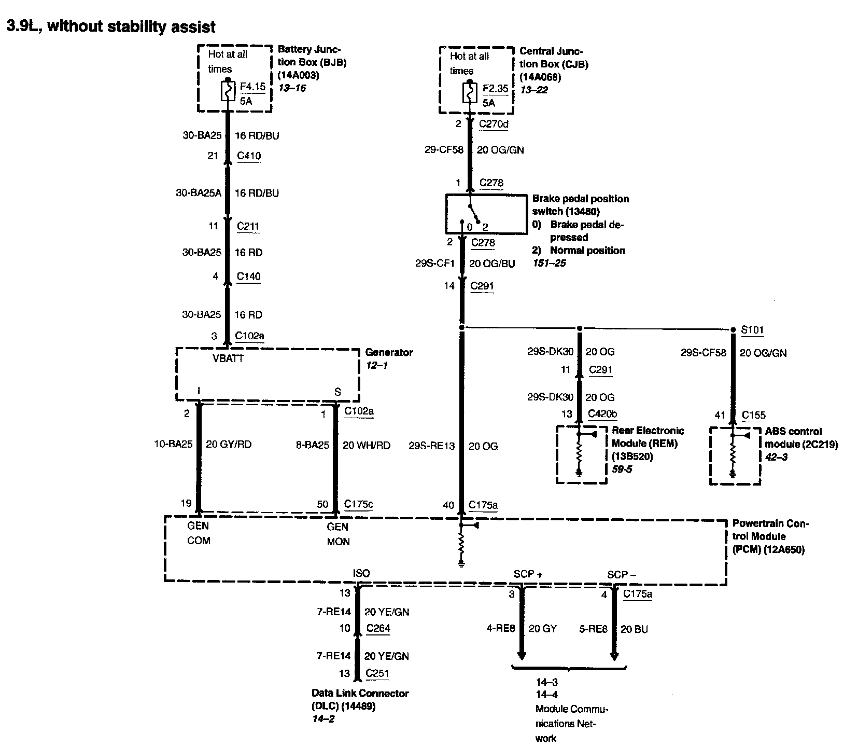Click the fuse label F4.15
(252, 86)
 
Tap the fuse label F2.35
(495, 88)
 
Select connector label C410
(249, 156)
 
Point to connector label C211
(248, 226)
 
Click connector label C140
(248, 276)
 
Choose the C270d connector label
(494, 124)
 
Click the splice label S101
(752, 330)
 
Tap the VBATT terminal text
(228, 358)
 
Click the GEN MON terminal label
(338, 534)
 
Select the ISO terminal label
(361, 573)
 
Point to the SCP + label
(528, 574)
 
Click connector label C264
(378, 628)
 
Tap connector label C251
(377, 673)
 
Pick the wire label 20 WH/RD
(367, 445)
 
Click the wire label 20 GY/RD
(229, 444)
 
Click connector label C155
(753, 414)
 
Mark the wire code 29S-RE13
(431, 446)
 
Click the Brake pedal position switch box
(486, 214)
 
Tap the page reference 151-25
(549, 263)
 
